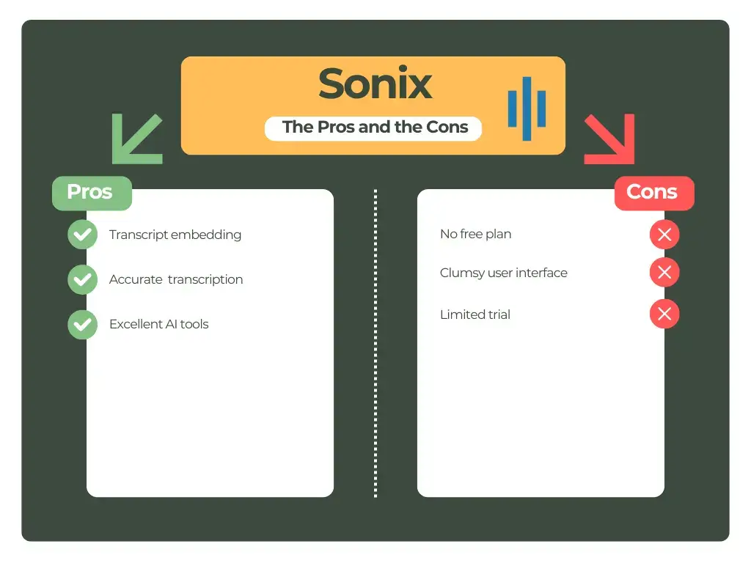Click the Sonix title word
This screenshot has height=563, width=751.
tap(375, 84)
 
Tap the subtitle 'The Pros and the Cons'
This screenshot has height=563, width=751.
tap(375, 128)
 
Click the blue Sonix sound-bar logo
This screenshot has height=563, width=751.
tap(527, 108)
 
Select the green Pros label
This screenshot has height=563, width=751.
tap(91, 193)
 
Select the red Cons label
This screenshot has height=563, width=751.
tap(653, 193)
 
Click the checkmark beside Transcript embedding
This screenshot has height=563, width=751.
tap(82, 235)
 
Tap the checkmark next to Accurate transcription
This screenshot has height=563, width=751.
tap(82, 279)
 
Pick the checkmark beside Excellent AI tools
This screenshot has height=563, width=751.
tap(82, 324)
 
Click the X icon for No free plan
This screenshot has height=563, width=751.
tap(664, 235)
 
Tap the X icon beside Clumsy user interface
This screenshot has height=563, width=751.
tap(664, 273)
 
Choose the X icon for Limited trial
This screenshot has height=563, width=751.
tap(664, 314)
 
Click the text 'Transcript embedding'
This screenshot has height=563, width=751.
tap(175, 235)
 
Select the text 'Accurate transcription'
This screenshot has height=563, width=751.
tap(176, 279)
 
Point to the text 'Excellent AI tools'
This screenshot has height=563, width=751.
tap(159, 324)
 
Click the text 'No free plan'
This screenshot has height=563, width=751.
tap(476, 235)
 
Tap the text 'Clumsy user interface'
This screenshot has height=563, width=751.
tap(504, 273)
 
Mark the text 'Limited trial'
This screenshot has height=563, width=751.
tap(475, 314)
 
